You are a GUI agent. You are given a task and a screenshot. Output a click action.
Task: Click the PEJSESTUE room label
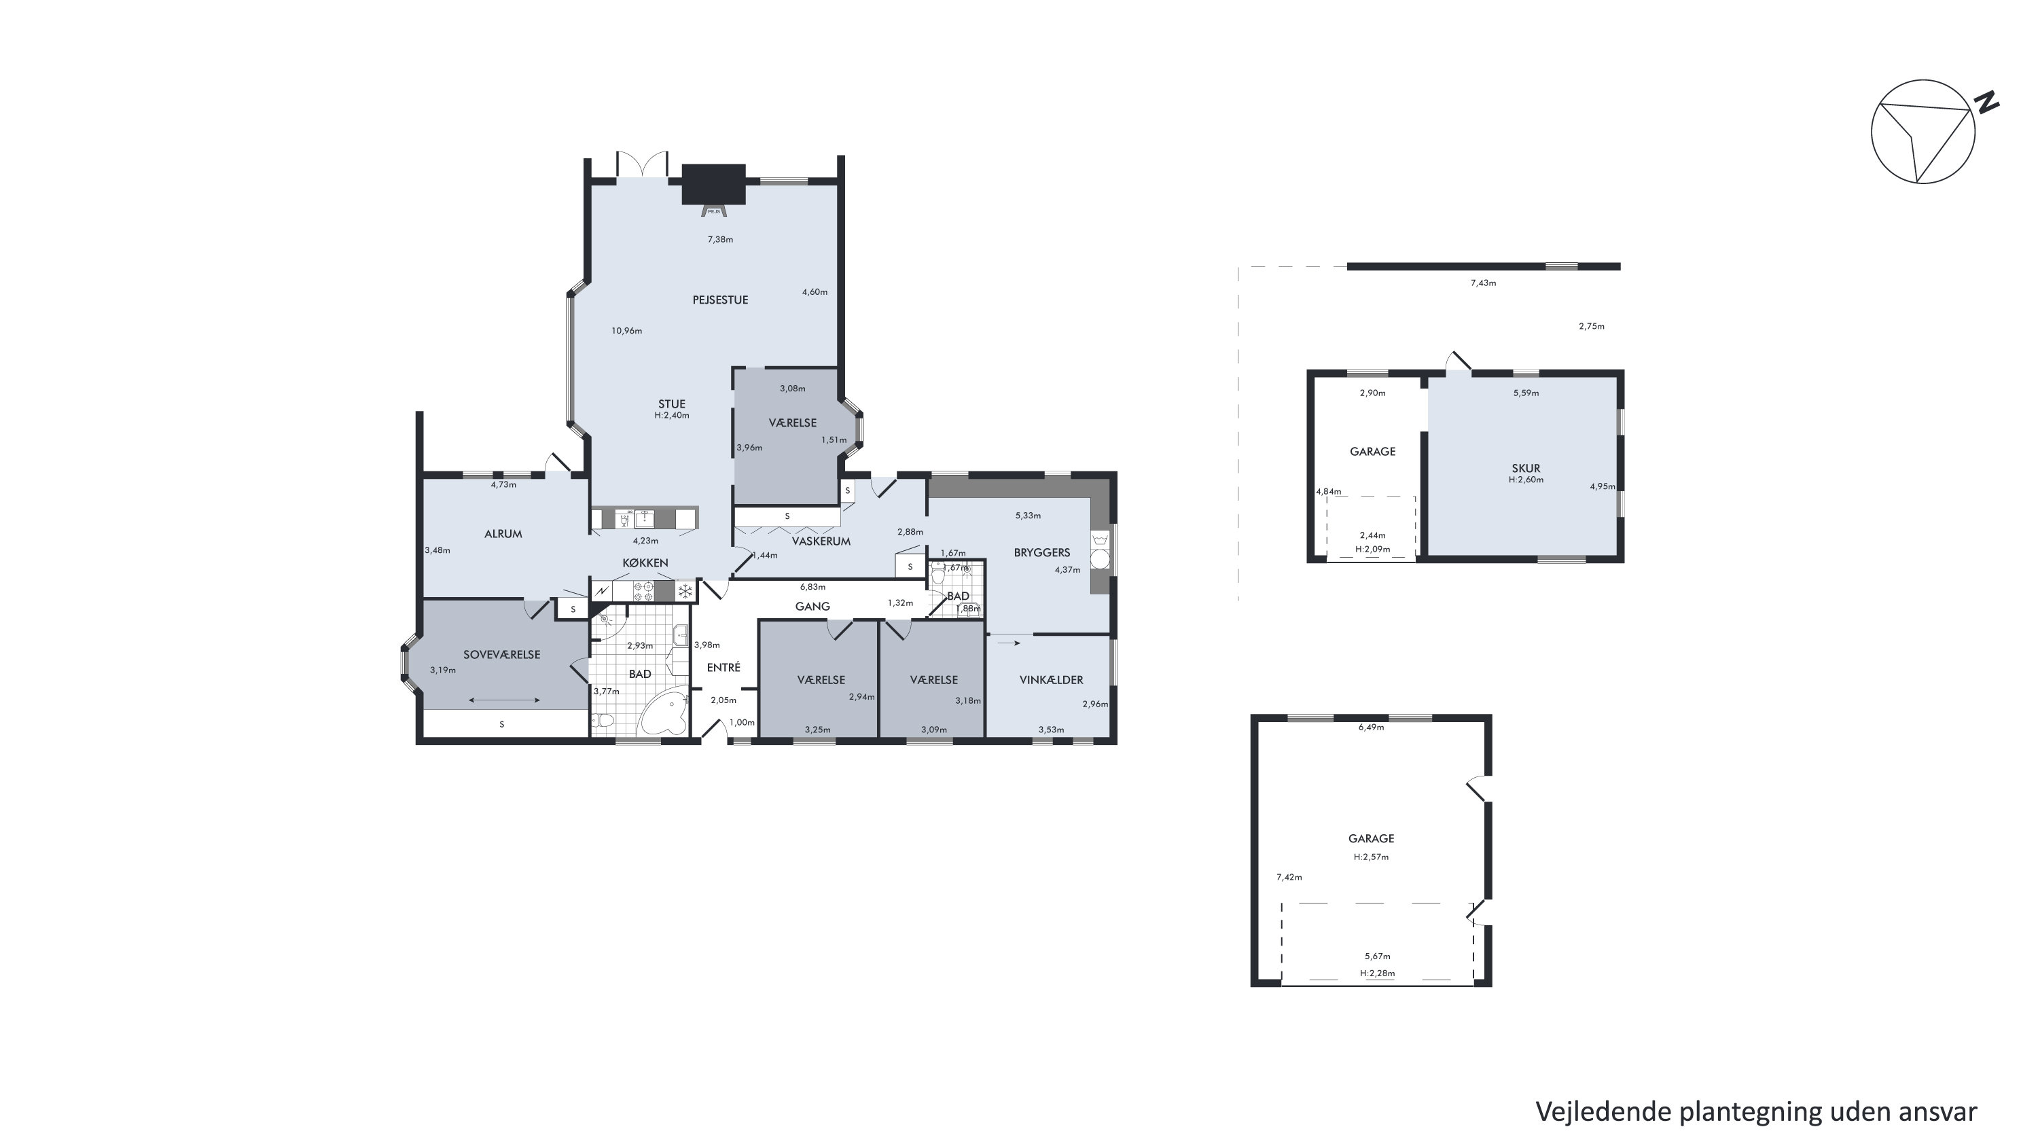720,300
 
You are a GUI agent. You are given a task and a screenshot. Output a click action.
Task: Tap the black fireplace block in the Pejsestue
713,183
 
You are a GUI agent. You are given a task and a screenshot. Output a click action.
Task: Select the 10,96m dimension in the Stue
626,331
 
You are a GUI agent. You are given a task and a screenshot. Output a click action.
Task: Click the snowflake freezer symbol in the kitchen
685,591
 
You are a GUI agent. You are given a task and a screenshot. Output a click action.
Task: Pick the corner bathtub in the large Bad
664,713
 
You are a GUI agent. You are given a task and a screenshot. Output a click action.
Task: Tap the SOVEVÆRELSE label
501,655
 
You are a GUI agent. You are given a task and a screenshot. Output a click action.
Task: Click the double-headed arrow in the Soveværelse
504,700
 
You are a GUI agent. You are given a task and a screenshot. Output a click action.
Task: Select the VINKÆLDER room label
1051,679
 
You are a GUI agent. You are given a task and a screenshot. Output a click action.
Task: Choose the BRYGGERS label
1042,553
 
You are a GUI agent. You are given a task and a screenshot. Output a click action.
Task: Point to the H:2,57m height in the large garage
1371,857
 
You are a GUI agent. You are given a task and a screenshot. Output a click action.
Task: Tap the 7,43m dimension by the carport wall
1484,283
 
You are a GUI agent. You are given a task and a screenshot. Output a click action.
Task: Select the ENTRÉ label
723,668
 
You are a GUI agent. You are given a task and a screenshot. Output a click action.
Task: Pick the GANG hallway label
812,607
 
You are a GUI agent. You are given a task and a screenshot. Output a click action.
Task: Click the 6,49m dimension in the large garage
1371,727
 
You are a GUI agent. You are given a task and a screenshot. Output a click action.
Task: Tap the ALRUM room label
503,534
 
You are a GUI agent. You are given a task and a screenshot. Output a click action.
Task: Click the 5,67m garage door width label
1378,956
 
